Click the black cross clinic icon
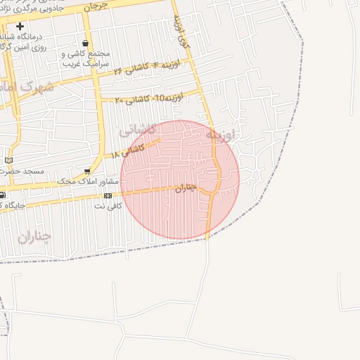click(20, 27)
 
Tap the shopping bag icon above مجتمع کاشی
click(86, 44)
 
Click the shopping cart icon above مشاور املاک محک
click(87, 171)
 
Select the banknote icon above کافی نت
click(108, 195)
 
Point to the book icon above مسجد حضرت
click(8, 160)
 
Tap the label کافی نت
click(108, 206)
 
